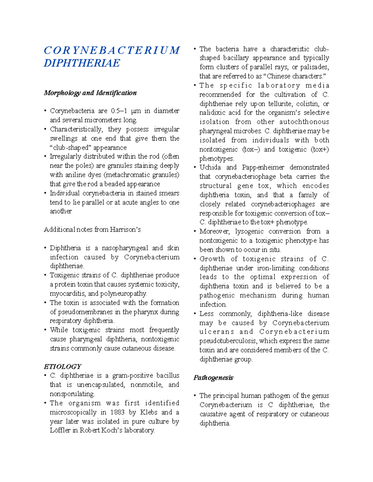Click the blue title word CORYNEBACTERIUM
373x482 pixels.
coord(112,50)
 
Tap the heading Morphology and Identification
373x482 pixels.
coord(90,93)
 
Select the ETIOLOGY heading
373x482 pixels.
coord(62,366)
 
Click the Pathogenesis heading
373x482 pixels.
coord(213,377)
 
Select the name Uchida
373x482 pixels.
coord(210,167)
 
